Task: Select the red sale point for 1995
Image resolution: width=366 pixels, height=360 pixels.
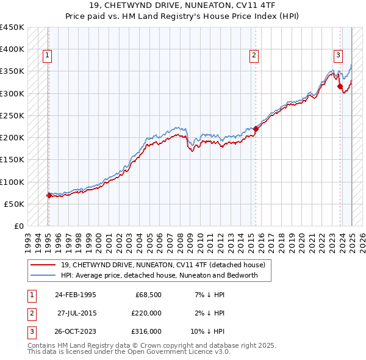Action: click(x=49, y=196)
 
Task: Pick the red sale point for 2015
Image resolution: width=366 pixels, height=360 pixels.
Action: click(x=256, y=129)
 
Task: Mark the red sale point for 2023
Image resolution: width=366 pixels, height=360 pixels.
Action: click(x=340, y=87)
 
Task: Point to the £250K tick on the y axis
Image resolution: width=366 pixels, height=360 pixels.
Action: click(x=12, y=115)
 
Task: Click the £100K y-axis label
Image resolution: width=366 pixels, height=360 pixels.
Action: click(x=12, y=182)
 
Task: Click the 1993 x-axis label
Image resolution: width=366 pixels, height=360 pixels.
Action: click(x=29, y=239)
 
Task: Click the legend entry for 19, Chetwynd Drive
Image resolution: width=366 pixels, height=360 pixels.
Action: click(x=163, y=265)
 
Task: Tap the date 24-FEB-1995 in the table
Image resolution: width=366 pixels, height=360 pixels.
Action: click(x=75, y=295)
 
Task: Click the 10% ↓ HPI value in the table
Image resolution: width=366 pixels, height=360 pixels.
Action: click(x=210, y=331)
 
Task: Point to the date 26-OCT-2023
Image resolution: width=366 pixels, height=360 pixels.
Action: click(x=75, y=331)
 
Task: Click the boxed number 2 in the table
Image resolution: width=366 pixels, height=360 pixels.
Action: click(x=30, y=313)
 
